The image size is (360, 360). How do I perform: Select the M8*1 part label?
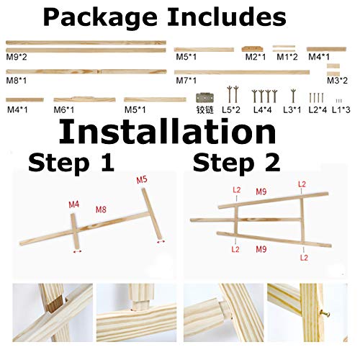(15, 82)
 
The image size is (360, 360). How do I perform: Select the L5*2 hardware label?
(230, 110)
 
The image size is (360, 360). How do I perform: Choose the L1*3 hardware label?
(341, 110)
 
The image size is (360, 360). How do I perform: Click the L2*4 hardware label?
(317, 110)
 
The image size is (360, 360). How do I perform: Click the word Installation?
(167, 133)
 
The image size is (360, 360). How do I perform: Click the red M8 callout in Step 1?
(102, 210)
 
